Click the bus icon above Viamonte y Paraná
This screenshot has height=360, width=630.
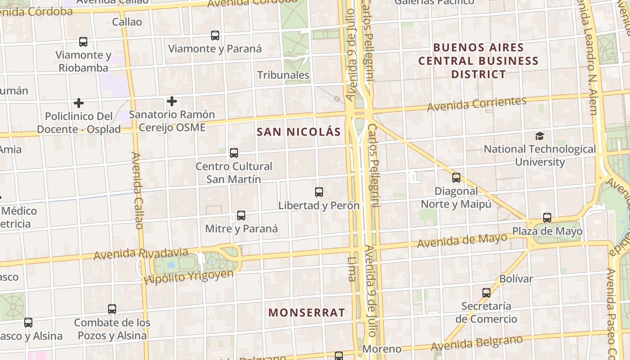215,36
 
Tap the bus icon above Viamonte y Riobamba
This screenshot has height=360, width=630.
83,42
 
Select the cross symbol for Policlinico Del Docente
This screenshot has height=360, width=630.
79,103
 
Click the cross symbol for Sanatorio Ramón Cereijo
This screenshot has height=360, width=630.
171,101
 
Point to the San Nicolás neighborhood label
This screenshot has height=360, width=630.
299,132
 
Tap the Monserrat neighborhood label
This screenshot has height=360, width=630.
307,312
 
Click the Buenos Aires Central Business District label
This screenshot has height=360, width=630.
478,61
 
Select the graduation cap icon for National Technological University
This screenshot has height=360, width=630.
540,136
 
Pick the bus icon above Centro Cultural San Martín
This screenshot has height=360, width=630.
234,153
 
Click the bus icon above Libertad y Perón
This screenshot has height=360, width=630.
319,192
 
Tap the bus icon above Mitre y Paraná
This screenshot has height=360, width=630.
241,216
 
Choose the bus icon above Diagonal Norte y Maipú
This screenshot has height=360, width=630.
456,178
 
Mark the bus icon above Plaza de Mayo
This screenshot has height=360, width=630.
547,218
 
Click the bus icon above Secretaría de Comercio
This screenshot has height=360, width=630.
486,293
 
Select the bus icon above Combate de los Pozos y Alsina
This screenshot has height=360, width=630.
112,309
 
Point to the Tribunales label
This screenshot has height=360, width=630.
283,75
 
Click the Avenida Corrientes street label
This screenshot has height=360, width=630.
477,104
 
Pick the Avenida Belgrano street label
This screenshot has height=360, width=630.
477,343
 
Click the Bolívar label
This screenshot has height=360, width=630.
516,279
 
